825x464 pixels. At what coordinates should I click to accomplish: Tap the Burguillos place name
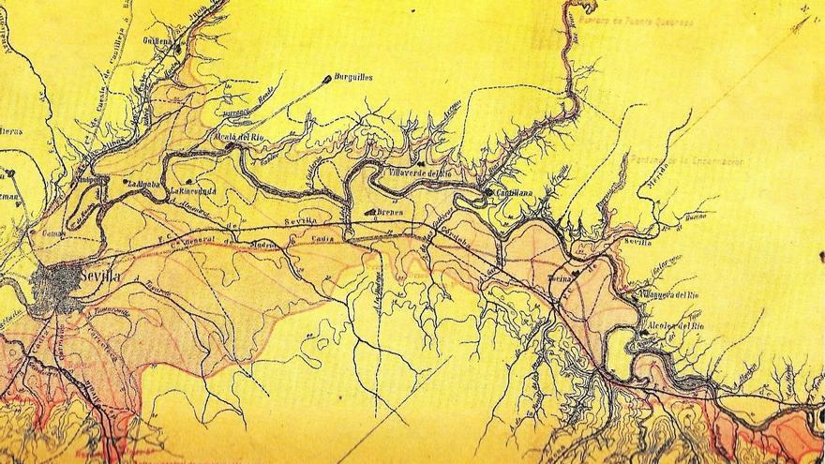click(x=353, y=77)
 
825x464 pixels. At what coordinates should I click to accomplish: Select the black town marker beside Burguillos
click(x=326, y=78)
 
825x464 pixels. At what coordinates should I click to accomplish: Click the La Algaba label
click(x=144, y=183)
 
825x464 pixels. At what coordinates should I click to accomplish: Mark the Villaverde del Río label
click(x=421, y=172)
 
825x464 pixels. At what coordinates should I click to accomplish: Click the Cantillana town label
click(x=513, y=192)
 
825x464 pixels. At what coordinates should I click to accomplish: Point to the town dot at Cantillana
click(x=488, y=192)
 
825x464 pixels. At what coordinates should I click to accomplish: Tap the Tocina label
click(x=559, y=280)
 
